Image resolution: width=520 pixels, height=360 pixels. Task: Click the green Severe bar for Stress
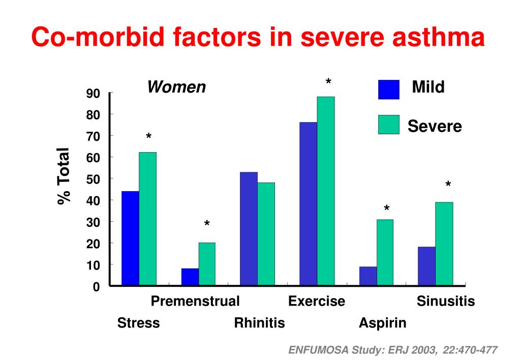[x=147, y=219]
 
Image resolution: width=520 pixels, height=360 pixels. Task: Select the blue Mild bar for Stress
[x=130, y=238]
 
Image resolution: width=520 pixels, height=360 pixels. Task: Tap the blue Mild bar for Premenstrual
[x=190, y=277]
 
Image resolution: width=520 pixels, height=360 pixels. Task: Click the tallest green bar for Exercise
[x=326, y=191]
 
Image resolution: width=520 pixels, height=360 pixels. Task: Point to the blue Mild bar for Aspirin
[x=368, y=276]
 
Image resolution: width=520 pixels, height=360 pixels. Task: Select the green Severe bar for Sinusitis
[x=444, y=244]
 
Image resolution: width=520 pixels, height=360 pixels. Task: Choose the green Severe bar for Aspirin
[x=385, y=252]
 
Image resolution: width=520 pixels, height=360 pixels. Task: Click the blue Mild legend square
[x=389, y=89]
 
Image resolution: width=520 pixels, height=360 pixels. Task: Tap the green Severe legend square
[x=389, y=125]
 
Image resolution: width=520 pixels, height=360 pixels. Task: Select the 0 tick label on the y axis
[x=96, y=287]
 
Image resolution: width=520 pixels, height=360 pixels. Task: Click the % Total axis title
[x=64, y=176]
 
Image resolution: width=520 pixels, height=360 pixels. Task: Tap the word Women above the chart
[x=176, y=87]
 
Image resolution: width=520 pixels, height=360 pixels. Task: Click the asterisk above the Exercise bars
[x=328, y=82]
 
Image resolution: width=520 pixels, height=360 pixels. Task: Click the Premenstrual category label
[x=195, y=302]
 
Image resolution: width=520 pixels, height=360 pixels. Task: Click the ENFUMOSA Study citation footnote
[x=393, y=350]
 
